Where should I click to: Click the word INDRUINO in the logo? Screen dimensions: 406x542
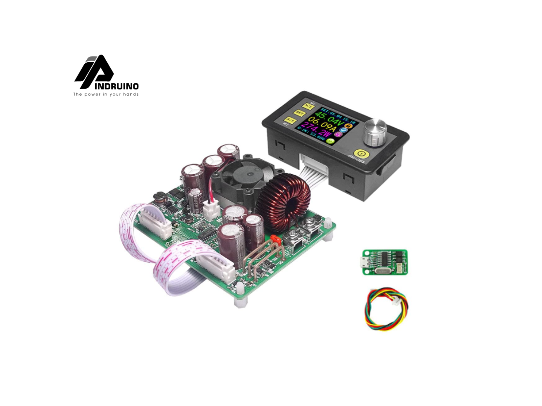point(116,86)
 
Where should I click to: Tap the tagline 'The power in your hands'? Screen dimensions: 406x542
point(106,94)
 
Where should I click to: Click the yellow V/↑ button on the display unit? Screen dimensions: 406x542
point(309,106)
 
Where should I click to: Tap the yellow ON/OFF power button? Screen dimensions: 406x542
point(361,154)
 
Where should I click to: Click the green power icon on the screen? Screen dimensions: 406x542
point(330,141)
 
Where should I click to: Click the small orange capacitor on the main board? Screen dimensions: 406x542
point(276,239)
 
